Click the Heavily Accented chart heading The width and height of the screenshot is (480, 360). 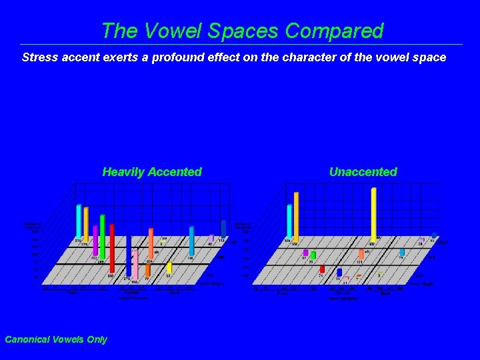[152, 172]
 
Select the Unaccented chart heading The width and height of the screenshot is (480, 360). [363, 172]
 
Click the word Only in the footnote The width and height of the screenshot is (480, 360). [97, 339]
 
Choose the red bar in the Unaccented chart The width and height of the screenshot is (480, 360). [322, 269]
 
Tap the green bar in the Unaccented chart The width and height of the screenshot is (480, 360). [313, 255]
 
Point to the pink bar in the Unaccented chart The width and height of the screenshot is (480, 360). [347, 277]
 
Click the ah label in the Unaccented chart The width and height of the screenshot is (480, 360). [367, 251]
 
